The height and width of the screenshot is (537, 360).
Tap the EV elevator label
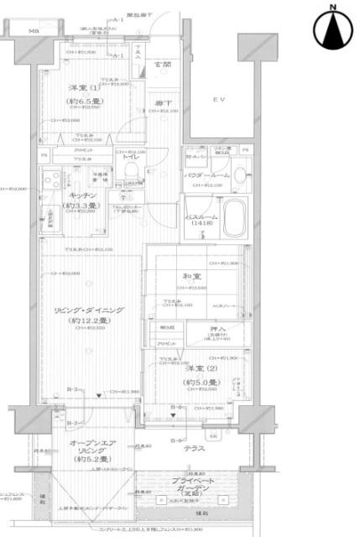(217, 100)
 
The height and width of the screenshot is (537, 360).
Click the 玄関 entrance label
(163, 64)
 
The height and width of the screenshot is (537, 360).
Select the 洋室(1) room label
(86, 91)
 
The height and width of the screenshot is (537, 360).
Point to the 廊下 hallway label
(163, 102)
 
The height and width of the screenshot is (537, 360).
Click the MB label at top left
(34, 31)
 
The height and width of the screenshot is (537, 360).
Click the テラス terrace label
(195, 448)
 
